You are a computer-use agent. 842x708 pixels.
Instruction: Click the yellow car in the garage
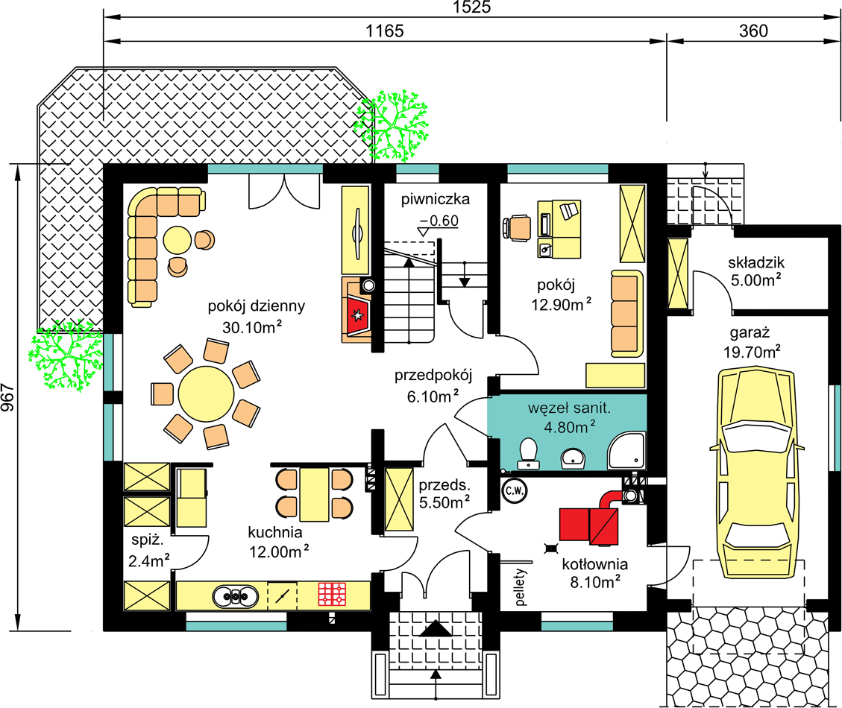coord(756,473)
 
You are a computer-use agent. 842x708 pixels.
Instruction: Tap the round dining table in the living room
coord(206,393)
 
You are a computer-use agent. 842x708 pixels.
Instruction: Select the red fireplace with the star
coord(356,316)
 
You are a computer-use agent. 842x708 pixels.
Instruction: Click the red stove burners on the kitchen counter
coord(332,594)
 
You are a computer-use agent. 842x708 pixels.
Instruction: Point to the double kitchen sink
coord(235,596)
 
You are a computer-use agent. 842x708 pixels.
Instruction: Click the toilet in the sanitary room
coord(529,454)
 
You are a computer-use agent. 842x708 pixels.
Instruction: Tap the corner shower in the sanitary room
coord(626,450)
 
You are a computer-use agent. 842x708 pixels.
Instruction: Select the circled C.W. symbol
coord(514,490)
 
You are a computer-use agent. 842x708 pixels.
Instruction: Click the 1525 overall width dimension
coord(471,7)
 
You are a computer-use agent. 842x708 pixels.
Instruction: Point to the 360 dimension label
coord(753,31)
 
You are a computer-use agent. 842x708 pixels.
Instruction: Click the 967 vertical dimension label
coord(7,397)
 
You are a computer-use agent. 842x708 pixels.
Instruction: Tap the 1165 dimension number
coord(385,31)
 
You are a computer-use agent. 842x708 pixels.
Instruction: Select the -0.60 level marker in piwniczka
coord(439,221)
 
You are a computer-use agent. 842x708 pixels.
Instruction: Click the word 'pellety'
coord(520,587)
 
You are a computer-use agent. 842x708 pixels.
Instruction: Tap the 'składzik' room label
coord(756,262)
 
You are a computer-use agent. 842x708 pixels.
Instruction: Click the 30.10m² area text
coord(252,327)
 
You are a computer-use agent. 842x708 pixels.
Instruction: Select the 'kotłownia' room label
coord(595,564)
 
